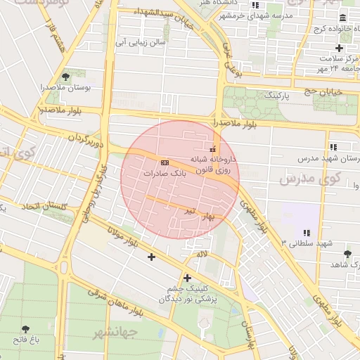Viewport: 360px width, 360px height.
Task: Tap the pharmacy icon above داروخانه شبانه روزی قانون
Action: point(213,149)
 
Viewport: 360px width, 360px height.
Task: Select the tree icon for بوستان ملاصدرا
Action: point(65,77)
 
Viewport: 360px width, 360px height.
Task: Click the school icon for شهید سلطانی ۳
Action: point(306,232)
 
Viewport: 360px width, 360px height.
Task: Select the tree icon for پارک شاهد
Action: point(347,254)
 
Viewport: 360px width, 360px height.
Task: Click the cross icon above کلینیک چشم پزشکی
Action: point(187,278)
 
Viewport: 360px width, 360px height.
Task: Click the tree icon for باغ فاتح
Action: point(26,329)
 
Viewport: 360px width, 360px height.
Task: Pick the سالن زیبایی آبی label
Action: point(141,42)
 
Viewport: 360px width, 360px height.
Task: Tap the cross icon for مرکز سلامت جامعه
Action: point(340,48)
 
